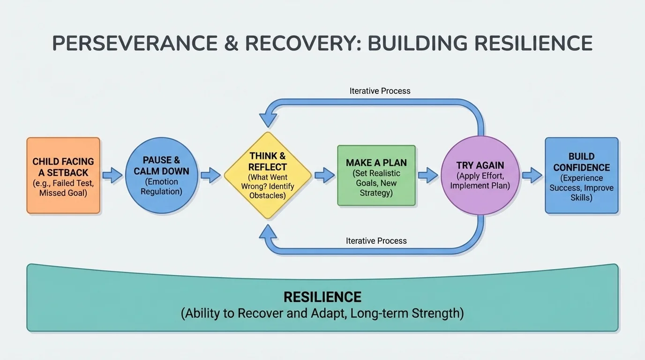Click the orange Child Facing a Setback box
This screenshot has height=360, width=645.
[63, 176]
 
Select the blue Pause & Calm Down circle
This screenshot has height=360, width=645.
[161, 176]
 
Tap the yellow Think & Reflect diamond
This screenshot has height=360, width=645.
[268, 176]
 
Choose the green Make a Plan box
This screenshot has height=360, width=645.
[376, 176]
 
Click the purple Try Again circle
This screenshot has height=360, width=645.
[480, 176]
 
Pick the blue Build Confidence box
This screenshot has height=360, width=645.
[581, 176]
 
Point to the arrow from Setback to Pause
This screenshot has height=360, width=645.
[112, 176]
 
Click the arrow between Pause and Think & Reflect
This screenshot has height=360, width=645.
[210, 176]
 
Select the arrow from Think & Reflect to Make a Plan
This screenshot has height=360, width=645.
[324, 176]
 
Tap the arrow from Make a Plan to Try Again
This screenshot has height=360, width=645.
[428, 176]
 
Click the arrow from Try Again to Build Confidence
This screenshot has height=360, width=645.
[532, 176]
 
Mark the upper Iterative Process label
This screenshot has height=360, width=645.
[380, 91]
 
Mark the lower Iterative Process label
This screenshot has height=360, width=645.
[376, 240]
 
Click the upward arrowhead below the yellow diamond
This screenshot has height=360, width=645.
[268, 232]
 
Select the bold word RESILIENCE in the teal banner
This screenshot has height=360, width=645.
[322, 297]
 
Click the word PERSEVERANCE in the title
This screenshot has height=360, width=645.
[135, 44]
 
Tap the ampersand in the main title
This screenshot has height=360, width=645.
[231, 44]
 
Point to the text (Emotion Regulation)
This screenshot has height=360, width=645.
[161, 187]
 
